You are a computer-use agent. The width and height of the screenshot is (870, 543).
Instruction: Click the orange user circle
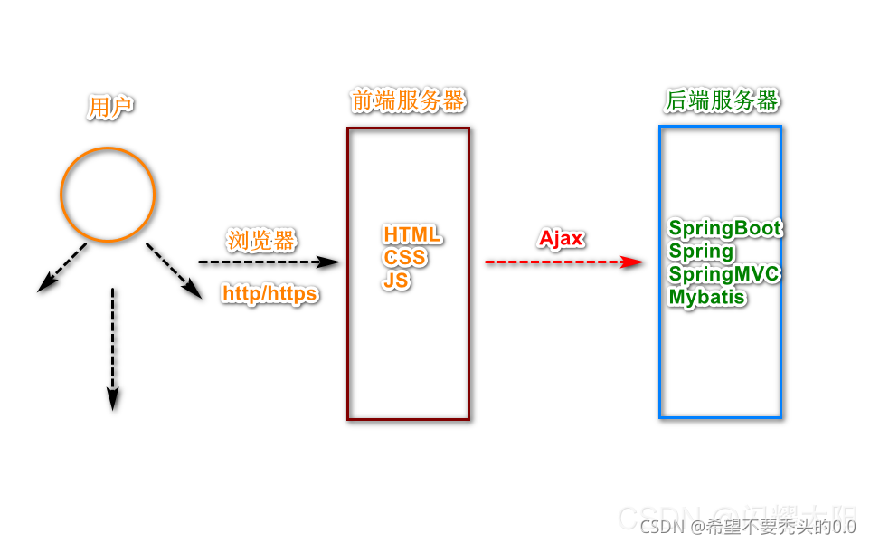(108, 195)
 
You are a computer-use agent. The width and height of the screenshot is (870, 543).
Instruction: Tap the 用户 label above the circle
(110, 108)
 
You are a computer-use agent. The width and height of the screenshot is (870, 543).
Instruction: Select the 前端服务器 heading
(408, 100)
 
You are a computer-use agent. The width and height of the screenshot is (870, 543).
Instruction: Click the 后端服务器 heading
(722, 100)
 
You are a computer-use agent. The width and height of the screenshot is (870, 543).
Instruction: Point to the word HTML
(412, 235)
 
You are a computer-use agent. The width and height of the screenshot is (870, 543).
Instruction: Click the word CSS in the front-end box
(404, 258)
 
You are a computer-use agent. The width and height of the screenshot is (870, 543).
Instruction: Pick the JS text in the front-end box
(396, 281)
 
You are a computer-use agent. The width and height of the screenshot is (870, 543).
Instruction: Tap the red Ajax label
(562, 239)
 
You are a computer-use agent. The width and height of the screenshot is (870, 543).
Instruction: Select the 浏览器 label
(261, 241)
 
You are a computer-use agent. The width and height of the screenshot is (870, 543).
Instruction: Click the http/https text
(270, 294)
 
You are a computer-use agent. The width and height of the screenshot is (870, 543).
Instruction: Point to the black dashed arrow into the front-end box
(269, 262)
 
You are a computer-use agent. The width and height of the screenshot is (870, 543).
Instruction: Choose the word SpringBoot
(724, 228)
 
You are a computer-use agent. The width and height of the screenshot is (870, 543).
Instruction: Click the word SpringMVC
(723, 274)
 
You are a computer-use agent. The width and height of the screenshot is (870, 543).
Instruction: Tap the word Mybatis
(707, 297)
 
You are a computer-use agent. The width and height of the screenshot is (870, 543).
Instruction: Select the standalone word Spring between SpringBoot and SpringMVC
(701, 252)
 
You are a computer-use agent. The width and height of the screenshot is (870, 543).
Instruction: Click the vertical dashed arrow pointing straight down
(112, 348)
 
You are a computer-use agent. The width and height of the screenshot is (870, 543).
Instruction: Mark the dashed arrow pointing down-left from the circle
(62, 267)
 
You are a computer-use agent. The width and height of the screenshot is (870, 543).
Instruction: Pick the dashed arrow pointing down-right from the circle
(174, 270)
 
